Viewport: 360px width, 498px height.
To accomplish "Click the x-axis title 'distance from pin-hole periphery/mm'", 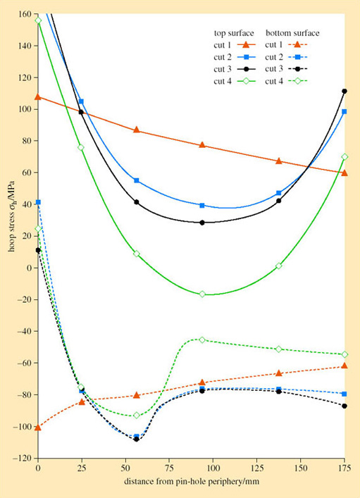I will point(191,484).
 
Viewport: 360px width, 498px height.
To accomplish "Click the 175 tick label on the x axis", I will point(344,468).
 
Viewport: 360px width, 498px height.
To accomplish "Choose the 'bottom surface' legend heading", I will point(292,33).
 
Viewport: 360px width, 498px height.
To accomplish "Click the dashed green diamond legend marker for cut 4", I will point(299,81).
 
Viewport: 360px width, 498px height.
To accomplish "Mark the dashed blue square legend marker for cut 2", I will point(299,57).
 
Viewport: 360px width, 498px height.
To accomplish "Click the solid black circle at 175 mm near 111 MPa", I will point(345,92).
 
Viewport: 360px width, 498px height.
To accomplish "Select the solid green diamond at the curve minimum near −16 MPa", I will point(202,294).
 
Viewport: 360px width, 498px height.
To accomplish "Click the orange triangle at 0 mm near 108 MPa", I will point(38,97).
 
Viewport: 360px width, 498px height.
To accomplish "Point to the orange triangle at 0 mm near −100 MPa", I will point(38,427).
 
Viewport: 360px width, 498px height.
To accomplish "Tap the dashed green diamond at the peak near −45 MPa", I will point(202,340).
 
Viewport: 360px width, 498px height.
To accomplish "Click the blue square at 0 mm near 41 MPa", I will point(38,202).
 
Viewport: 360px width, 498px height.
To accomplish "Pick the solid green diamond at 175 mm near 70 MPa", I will point(345,156).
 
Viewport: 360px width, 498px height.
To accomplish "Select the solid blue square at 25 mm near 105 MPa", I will point(81,101).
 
